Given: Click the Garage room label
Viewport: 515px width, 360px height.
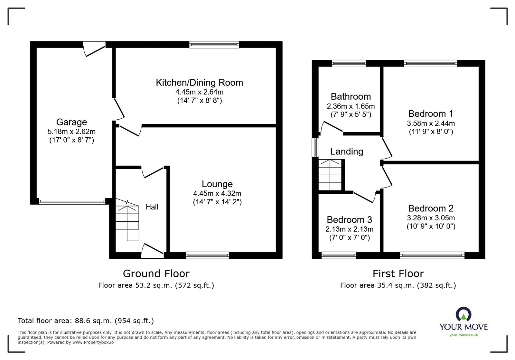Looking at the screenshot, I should coord(71,122).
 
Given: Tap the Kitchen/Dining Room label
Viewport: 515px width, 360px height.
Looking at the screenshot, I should coord(199,83).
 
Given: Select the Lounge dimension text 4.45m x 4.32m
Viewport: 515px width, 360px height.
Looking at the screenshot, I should coord(217,193).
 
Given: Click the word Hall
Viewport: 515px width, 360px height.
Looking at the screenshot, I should coord(152,207).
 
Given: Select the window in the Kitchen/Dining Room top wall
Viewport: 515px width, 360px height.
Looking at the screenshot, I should coord(214,45).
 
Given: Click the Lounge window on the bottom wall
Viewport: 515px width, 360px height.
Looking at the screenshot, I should coord(208,255).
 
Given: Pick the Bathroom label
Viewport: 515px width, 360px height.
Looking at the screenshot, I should coord(351,97).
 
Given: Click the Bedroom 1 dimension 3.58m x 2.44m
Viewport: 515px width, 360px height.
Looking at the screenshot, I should coord(431,123).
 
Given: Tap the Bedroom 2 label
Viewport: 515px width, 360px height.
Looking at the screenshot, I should coord(431,208).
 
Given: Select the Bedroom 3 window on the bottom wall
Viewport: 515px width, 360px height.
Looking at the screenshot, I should coord(339,255).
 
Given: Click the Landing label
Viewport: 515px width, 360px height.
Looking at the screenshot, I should coord(347,151).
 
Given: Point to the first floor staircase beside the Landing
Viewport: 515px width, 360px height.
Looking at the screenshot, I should coord(330,175).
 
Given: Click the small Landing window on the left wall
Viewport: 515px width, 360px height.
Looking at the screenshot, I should coord(315,147).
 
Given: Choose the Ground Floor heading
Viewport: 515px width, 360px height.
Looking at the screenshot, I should coord(156,273).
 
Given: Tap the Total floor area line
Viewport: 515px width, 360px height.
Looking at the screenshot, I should coord(86,321).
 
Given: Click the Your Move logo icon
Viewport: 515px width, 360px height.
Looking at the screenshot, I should coord(464,314).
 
